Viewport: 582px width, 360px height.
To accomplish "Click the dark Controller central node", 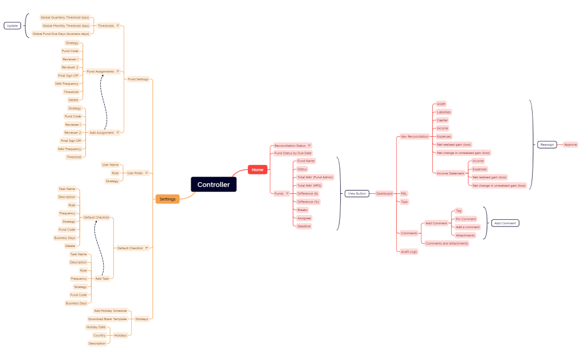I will coord(213,184).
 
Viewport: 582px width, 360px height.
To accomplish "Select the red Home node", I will coord(257,169).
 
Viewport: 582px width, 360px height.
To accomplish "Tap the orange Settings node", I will coord(167,199).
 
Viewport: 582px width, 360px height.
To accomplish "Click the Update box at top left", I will coord(12,25).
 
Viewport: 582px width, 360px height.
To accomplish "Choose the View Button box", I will coord(356,193).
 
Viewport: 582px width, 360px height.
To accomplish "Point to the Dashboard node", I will coord(384,193).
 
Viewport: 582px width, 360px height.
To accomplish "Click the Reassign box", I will coord(547,145).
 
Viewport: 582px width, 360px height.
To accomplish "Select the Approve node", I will coord(570,145).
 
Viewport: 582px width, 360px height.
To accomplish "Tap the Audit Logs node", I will coord(409,251).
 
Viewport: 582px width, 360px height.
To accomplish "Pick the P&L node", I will coord(404,193).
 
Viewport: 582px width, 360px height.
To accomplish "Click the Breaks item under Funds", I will coord(303,210).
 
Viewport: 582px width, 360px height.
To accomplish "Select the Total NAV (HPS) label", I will coord(309,186).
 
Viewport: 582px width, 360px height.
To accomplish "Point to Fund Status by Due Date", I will coord(293,153).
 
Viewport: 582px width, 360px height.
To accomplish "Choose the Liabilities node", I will coord(444,112).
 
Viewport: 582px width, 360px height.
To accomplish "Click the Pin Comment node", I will coord(466,219).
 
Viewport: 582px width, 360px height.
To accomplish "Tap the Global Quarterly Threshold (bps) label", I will coord(65,17).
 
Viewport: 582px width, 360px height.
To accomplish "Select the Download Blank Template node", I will coord(108,319).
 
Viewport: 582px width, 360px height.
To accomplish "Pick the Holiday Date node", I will coord(95,327).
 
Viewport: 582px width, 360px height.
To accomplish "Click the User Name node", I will coord(110,164).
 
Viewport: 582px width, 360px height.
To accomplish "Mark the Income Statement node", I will coord(451,173).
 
